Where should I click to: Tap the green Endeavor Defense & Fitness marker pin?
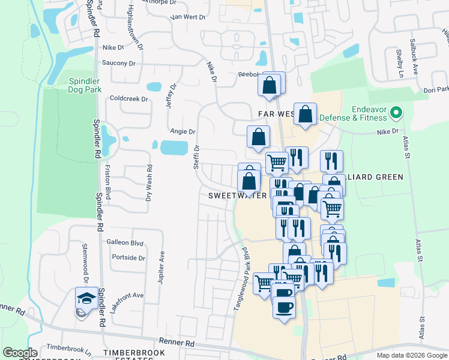(396, 112)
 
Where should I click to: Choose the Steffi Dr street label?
(196, 156)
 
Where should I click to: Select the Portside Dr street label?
(128, 258)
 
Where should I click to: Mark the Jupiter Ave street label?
(161, 265)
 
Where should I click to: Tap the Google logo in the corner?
(20, 353)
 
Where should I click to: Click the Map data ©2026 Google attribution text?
(411, 355)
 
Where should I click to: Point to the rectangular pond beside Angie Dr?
(173, 147)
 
